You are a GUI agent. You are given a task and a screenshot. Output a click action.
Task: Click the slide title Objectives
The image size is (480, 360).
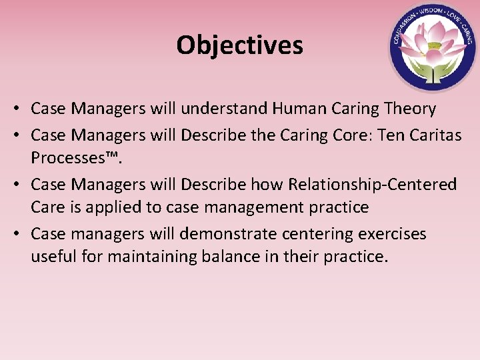tap(239, 45)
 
